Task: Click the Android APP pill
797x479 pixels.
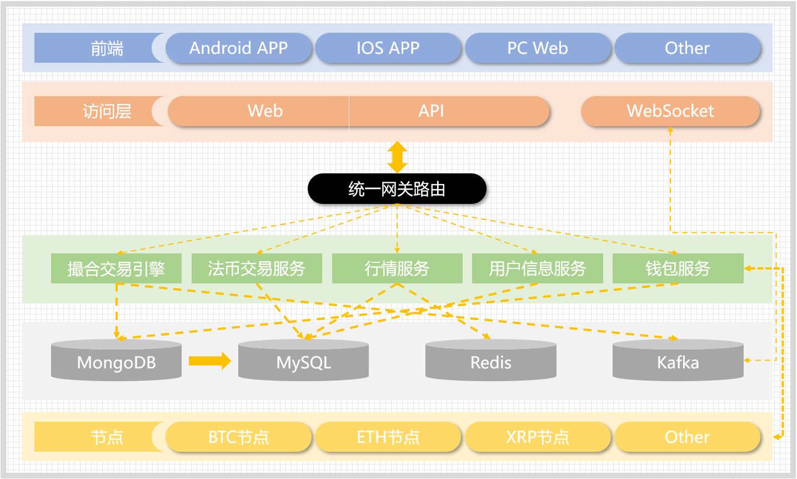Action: click(x=239, y=48)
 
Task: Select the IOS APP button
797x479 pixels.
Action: click(x=388, y=48)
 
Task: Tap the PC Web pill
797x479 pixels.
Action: click(x=538, y=48)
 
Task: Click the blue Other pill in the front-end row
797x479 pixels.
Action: click(x=687, y=48)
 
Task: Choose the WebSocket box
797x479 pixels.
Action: click(x=670, y=111)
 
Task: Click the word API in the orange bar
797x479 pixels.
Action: click(x=431, y=111)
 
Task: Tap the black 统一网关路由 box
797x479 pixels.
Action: click(x=397, y=189)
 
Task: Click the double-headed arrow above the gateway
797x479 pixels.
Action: click(x=397, y=157)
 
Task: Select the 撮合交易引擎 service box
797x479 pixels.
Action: click(x=116, y=269)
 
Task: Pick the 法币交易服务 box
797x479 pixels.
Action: click(x=257, y=269)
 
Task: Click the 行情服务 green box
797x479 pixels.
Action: click(x=397, y=269)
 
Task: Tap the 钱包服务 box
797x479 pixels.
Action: click(x=678, y=269)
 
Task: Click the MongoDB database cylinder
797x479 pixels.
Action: click(x=116, y=362)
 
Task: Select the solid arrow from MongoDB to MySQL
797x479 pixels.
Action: click(x=209, y=361)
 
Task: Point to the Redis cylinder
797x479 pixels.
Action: click(x=491, y=362)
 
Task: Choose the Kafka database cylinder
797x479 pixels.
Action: click(x=678, y=362)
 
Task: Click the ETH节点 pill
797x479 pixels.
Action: click(x=388, y=437)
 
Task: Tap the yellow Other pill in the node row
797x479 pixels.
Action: click(x=687, y=437)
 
